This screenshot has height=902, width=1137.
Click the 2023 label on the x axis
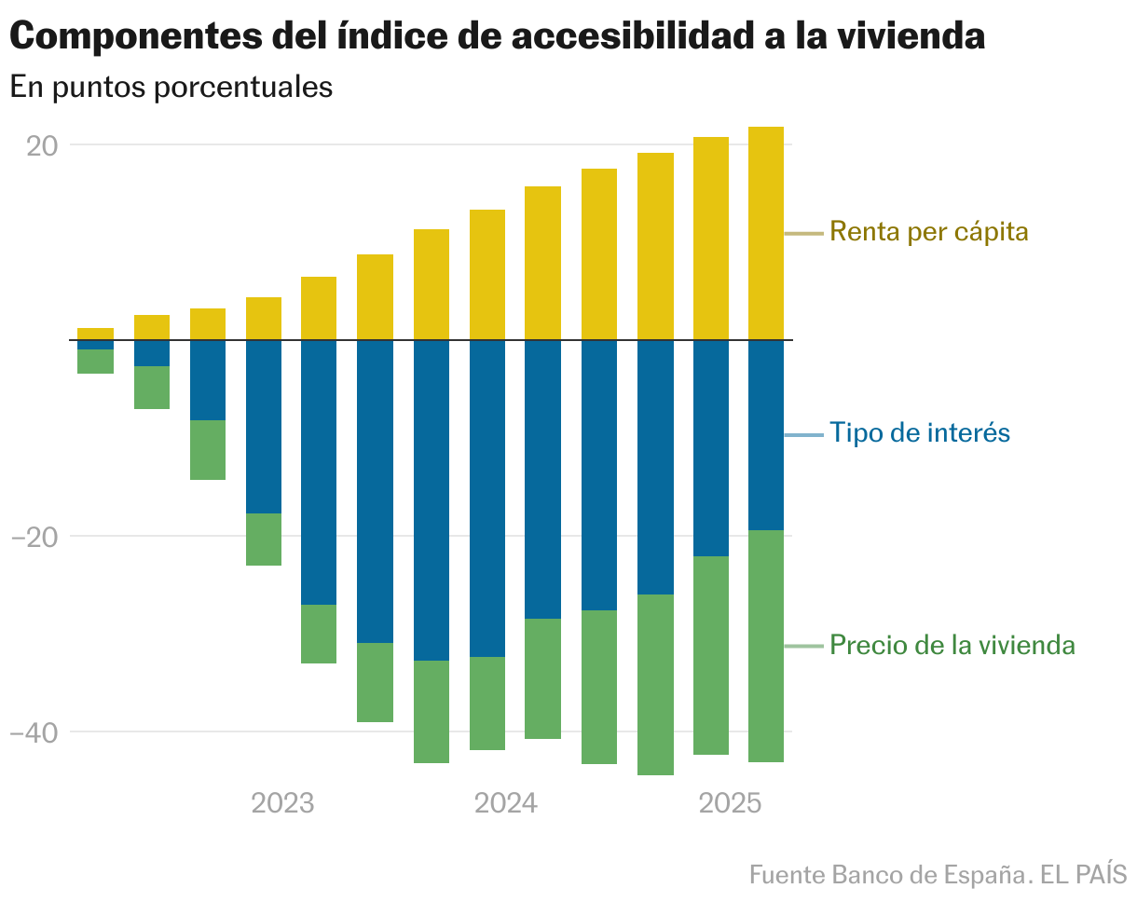pos(282,803)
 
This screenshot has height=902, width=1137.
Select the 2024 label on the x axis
pos(506,803)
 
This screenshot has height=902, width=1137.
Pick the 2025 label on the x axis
pos(730,803)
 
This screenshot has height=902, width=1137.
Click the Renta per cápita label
pos(928,231)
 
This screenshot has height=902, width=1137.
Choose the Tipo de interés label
pos(920,433)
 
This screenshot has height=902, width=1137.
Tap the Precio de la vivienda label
pos(952,645)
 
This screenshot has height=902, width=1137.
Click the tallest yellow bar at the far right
pos(766,233)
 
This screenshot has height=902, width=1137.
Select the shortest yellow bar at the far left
pos(96,334)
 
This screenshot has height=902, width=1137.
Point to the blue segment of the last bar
pos(766,435)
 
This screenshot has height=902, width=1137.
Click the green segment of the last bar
pos(766,646)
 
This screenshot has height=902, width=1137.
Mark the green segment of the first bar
pos(96,362)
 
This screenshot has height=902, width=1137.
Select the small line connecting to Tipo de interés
pos(804,435)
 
